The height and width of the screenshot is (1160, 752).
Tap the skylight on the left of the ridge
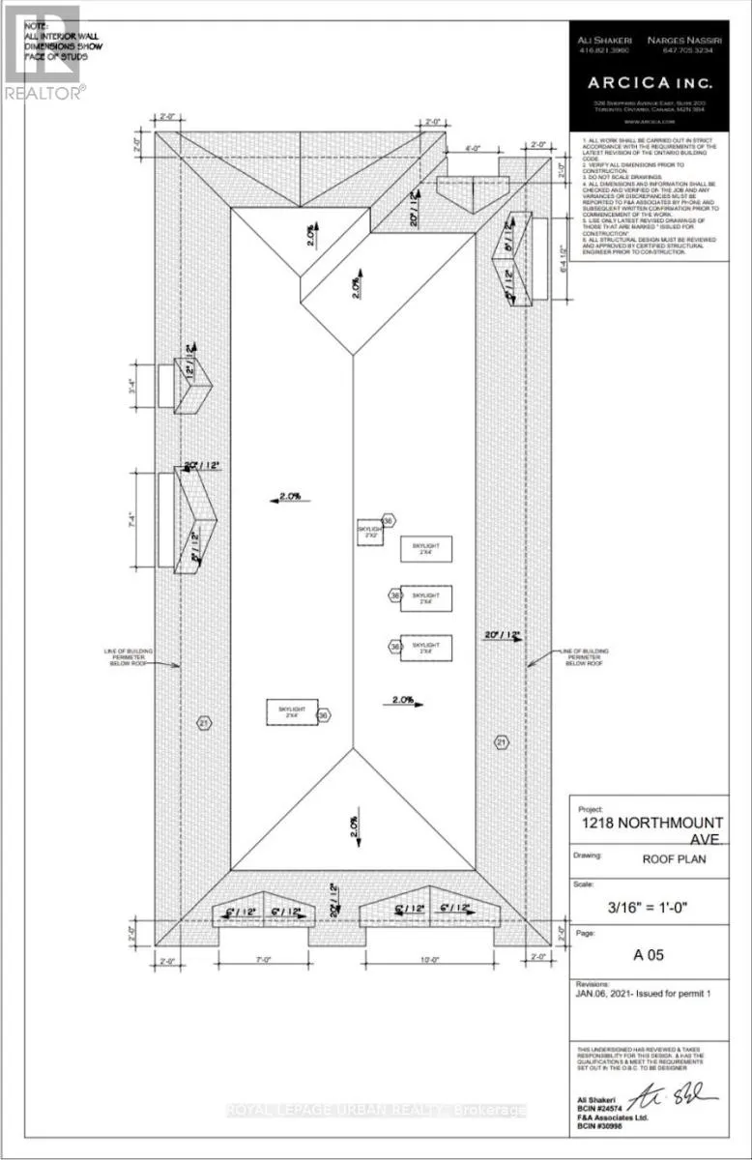pos(292,713)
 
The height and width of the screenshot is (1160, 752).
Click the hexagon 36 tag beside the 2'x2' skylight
pos(389,521)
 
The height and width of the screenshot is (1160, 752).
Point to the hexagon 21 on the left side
pos(204,723)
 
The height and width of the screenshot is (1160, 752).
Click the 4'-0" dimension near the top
pos(472,149)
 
